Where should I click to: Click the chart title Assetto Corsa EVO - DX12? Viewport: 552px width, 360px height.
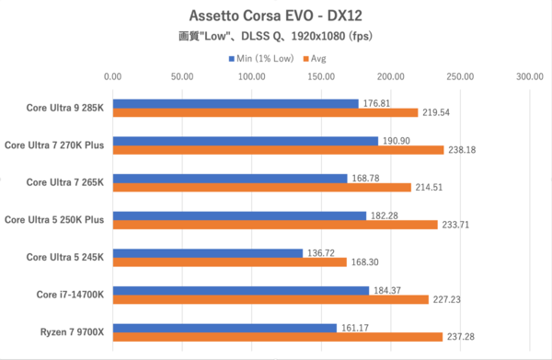tap(275, 16)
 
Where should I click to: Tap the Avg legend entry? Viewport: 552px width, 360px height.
tap(317, 58)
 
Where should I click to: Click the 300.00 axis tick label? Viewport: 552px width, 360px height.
tap(530, 77)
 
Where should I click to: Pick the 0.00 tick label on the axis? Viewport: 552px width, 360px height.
tap(112, 77)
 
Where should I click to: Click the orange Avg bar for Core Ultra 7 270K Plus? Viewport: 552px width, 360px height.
tap(278, 150)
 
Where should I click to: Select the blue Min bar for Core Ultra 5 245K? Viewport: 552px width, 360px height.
tap(207, 252)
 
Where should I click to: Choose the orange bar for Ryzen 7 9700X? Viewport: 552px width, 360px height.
tap(277, 336)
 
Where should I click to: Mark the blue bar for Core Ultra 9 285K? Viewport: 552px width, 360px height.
tap(235, 103)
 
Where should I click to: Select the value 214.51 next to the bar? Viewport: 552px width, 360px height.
tap(431, 187)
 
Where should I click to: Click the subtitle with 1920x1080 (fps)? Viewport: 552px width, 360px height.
tap(275, 38)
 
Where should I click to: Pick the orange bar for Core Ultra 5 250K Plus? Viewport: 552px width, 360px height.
tap(274, 224)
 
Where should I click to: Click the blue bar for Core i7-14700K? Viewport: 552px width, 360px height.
tap(240, 289)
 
